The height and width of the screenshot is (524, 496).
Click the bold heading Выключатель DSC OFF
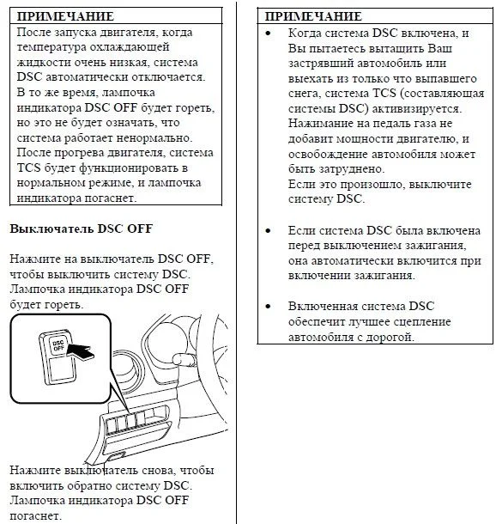pos(82,228)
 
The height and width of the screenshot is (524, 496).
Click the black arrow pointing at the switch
pos(81,352)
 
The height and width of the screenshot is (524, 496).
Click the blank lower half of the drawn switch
pos(62,369)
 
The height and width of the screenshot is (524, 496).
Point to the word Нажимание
pos(321,124)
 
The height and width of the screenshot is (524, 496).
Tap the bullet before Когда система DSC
pos(268,34)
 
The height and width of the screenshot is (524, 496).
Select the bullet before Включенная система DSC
pos(268,307)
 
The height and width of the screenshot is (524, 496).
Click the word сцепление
pos(422,322)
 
